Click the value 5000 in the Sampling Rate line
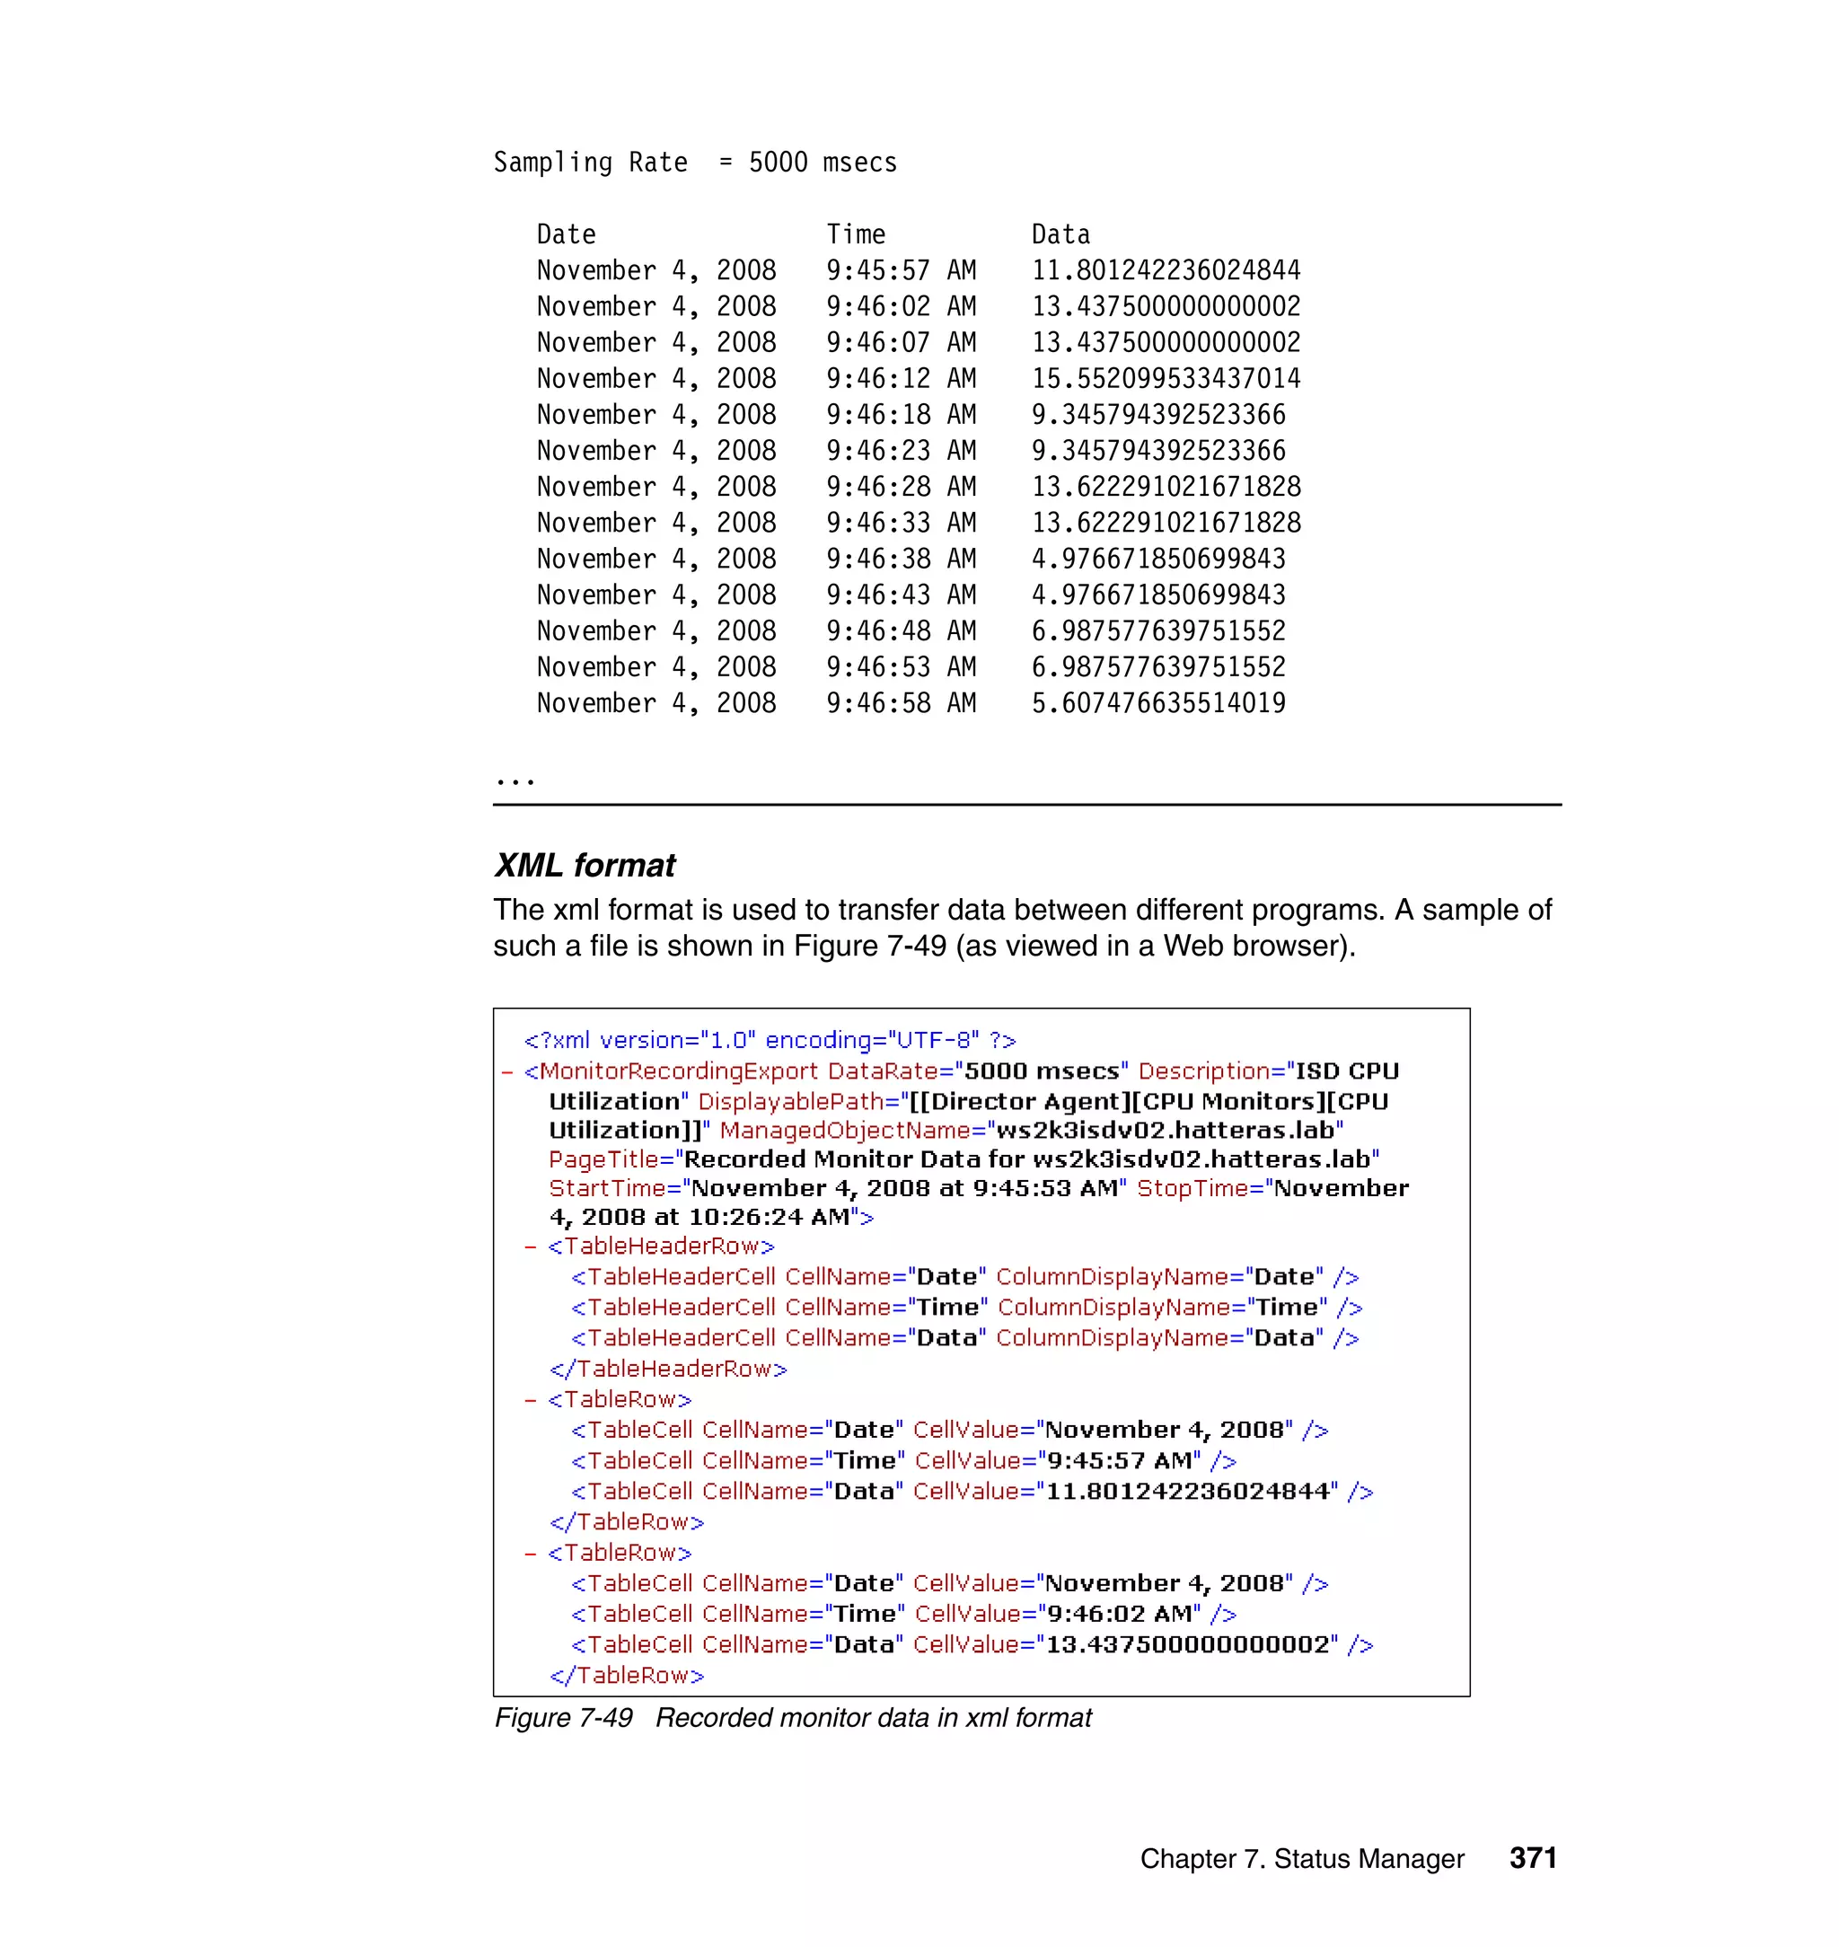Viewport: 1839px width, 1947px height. pos(778,162)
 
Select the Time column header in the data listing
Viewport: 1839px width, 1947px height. pos(855,234)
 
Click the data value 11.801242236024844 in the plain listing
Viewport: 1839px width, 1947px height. pos(1165,270)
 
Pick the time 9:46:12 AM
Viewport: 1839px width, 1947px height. pos(900,378)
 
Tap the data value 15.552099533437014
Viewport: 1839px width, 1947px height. pos(1165,378)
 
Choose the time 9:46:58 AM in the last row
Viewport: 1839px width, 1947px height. pos(900,703)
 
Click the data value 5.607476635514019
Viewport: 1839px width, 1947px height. pos(1157,703)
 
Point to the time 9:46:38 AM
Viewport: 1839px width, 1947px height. pos(900,559)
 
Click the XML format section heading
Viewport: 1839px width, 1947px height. pos(585,865)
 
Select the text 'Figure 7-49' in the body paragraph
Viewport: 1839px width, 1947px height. pos(869,946)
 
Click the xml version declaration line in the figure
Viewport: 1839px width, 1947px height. pos(770,1040)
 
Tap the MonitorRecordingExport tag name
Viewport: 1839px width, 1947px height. pos(678,1071)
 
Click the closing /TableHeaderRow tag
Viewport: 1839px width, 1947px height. pos(669,1369)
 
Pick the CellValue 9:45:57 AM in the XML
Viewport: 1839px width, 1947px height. pos(1120,1461)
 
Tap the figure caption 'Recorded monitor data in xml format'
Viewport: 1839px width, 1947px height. pos(873,1719)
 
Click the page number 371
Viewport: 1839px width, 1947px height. pos(1532,1858)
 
